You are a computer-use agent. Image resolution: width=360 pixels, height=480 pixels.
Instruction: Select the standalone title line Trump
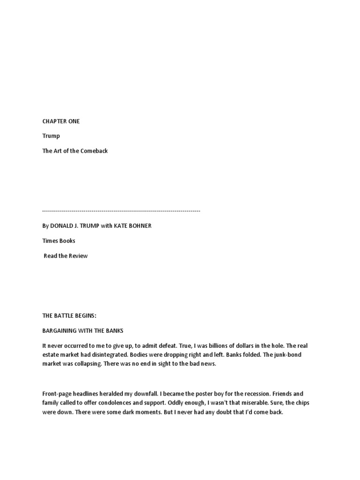[x=51, y=136]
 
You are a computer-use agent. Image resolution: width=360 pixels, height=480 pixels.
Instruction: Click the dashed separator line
[x=121, y=211]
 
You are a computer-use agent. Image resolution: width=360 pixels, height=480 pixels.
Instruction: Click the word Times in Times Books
[x=50, y=241]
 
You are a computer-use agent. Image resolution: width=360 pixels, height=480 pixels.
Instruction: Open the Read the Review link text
[x=66, y=256]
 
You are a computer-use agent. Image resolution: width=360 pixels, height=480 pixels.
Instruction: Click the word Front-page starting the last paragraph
[x=58, y=394]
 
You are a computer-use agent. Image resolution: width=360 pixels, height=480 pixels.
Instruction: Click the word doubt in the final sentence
[x=210, y=412]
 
